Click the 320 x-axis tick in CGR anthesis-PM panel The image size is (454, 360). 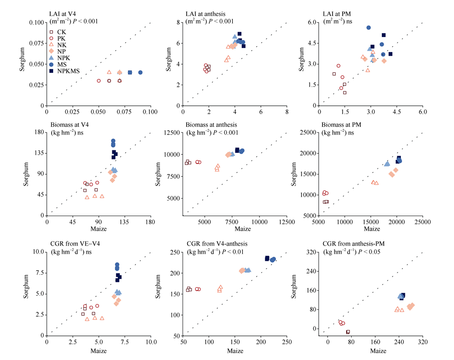422,341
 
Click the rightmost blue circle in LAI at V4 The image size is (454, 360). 140,72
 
